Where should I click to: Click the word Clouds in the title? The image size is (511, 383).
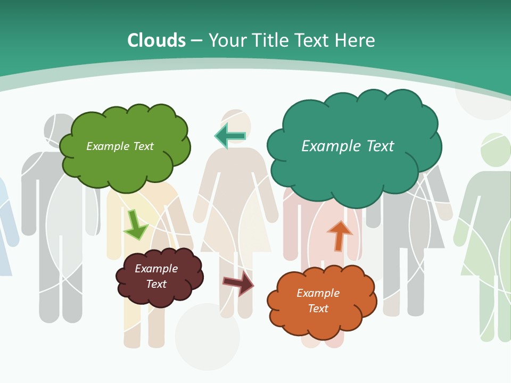point(156,40)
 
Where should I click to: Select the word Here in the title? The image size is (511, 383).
point(355,40)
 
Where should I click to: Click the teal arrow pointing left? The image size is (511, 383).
point(230,136)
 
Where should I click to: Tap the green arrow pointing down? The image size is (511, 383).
point(135,225)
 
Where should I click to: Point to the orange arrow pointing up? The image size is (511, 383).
point(339,236)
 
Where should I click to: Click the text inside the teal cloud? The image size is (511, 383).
point(348,146)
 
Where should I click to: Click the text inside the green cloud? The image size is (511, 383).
point(120,146)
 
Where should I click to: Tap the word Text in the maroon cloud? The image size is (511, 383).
point(156,284)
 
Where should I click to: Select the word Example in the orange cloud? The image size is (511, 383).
point(318,293)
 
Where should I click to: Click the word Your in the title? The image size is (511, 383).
point(228,40)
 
